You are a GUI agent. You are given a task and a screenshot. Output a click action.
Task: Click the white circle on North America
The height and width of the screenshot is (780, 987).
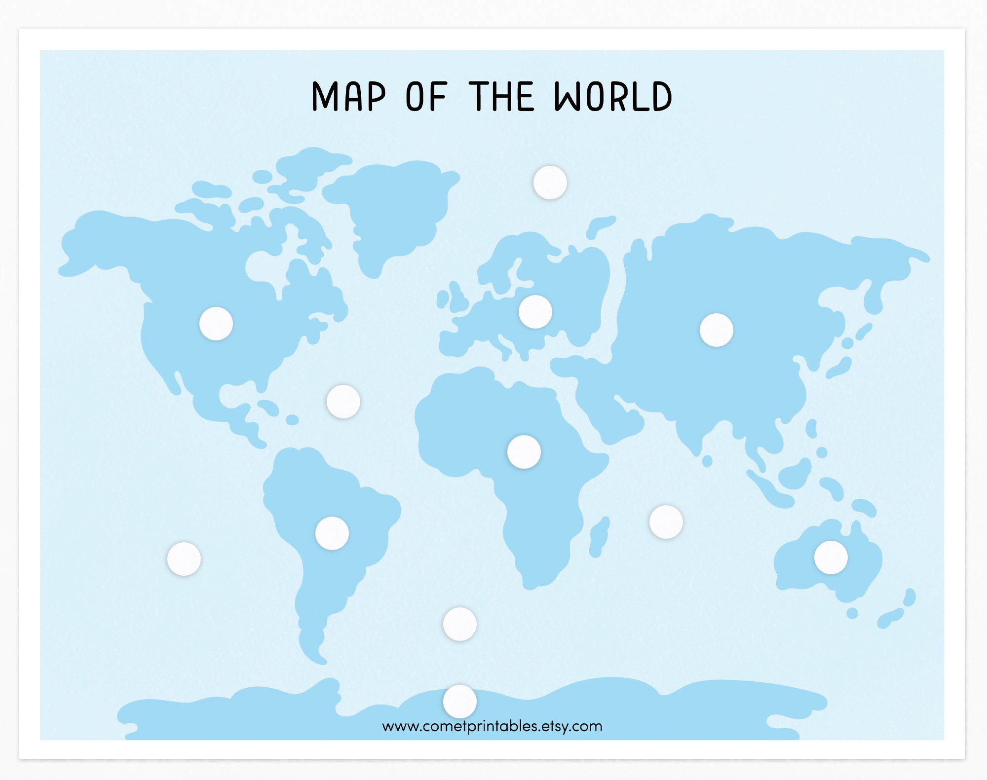click(x=216, y=324)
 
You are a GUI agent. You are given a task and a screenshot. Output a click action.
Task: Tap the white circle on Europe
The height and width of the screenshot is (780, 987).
click(x=535, y=312)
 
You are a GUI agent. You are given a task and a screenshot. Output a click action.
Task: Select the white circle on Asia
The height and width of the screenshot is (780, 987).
click(x=716, y=330)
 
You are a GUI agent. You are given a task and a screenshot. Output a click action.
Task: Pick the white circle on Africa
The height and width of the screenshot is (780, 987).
click(x=524, y=451)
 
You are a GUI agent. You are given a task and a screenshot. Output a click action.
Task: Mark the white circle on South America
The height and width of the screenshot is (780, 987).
click(x=332, y=533)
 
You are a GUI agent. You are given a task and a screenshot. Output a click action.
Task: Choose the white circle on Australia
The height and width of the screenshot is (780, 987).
click(x=831, y=557)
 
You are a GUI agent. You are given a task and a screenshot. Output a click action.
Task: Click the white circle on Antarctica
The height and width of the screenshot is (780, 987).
click(x=460, y=701)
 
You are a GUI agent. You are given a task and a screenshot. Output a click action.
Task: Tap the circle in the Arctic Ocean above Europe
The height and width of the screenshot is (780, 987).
click(x=550, y=183)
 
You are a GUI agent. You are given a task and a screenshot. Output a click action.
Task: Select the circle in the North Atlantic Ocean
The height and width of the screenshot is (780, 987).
click(x=343, y=402)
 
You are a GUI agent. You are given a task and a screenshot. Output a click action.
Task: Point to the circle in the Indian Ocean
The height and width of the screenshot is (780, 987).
click(x=666, y=521)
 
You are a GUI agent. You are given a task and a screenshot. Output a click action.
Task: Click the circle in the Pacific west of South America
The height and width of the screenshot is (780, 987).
click(x=184, y=559)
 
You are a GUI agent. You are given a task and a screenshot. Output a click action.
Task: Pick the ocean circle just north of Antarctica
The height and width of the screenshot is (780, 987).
click(x=460, y=624)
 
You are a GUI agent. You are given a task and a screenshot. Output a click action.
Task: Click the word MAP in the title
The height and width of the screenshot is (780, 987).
click(x=348, y=97)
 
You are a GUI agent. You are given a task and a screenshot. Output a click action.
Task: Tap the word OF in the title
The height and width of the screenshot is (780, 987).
click(x=426, y=97)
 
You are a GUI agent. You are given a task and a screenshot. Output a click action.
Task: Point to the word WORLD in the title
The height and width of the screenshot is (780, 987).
click(x=613, y=97)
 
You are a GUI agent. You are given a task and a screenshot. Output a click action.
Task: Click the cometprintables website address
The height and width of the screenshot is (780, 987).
click(x=492, y=726)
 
